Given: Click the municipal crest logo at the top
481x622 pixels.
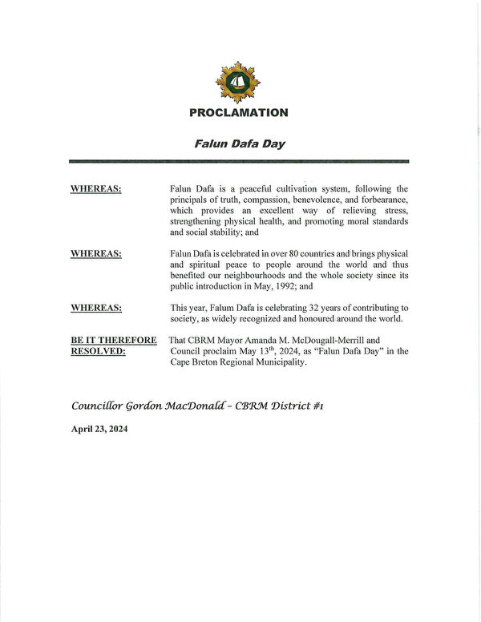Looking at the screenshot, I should pyautogui.click(x=238, y=83).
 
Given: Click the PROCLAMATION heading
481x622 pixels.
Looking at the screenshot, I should pyautogui.click(x=239, y=113).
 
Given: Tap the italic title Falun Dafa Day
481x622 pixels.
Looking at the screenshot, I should pyautogui.click(x=240, y=145).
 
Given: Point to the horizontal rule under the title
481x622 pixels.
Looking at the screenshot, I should pyautogui.click(x=240, y=162).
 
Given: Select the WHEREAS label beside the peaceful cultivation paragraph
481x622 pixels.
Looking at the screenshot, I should pyautogui.click(x=96, y=188).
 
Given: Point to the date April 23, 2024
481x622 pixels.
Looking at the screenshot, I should pyautogui.click(x=99, y=429).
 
